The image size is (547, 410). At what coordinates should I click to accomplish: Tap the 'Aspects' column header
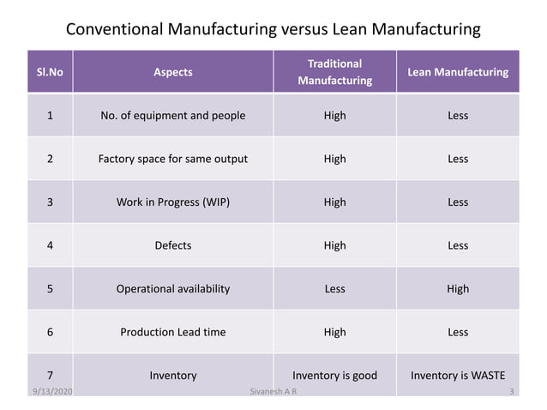(x=173, y=72)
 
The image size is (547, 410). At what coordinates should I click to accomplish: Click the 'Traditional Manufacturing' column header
(x=334, y=72)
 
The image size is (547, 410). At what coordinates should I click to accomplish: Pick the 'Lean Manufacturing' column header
(x=458, y=72)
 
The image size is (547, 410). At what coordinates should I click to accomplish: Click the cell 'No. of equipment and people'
(x=173, y=115)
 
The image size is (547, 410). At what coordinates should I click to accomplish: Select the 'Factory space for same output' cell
(x=173, y=159)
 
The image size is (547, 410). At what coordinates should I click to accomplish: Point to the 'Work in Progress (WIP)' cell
(x=173, y=202)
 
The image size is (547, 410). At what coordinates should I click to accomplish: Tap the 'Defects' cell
(x=173, y=245)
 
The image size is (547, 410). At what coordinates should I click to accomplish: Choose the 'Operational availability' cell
(x=173, y=288)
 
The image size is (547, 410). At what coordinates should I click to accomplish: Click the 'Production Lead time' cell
(x=173, y=332)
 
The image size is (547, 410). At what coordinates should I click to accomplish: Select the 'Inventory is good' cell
(x=334, y=375)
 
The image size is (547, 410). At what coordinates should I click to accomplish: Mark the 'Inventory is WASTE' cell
(x=458, y=375)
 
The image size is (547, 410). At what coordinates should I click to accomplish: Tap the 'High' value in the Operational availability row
(x=458, y=288)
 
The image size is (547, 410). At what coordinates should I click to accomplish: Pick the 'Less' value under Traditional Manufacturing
(x=334, y=288)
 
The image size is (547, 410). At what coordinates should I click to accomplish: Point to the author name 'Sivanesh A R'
(x=270, y=392)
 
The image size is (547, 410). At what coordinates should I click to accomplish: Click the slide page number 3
(x=512, y=392)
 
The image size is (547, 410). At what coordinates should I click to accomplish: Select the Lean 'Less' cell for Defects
(x=458, y=245)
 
